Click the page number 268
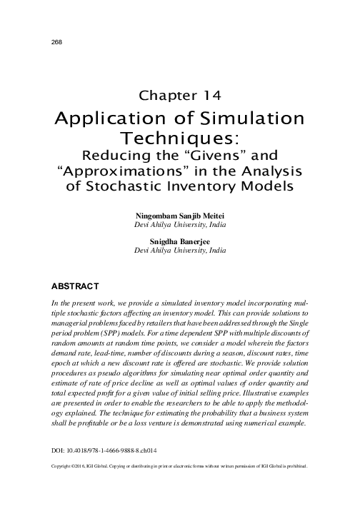click(x=49, y=42)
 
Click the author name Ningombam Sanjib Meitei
click(x=180, y=215)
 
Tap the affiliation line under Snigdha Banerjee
click(x=180, y=252)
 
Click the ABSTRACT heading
click(x=74, y=287)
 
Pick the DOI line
click(x=101, y=451)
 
